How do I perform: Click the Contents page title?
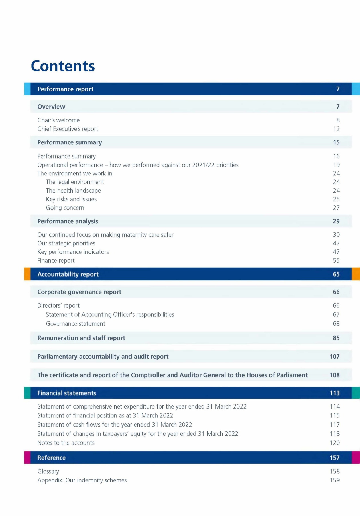(x=63, y=66)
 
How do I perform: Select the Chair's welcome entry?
(x=58, y=120)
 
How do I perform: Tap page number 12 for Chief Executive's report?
(x=336, y=129)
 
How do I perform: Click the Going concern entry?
(x=65, y=208)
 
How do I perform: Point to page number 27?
(x=336, y=208)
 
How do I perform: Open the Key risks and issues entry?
(x=71, y=199)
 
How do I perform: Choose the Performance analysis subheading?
(x=68, y=221)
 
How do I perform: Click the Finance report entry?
(x=56, y=260)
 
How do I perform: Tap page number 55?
(x=336, y=260)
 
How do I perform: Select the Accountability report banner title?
(x=68, y=274)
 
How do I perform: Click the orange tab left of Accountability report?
(x=27, y=274)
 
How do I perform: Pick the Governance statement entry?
(x=75, y=323)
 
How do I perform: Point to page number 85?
(x=336, y=338)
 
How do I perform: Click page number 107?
(x=335, y=356)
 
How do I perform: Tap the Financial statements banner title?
(x=66, y=393)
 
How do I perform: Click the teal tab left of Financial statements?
(x=27, y=393)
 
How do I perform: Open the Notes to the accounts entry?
(x=66, y=443)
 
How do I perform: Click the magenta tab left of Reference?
(x=27, y=457)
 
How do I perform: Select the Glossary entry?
(x=48, y=471)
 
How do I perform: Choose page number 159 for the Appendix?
(x=335, y=480)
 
